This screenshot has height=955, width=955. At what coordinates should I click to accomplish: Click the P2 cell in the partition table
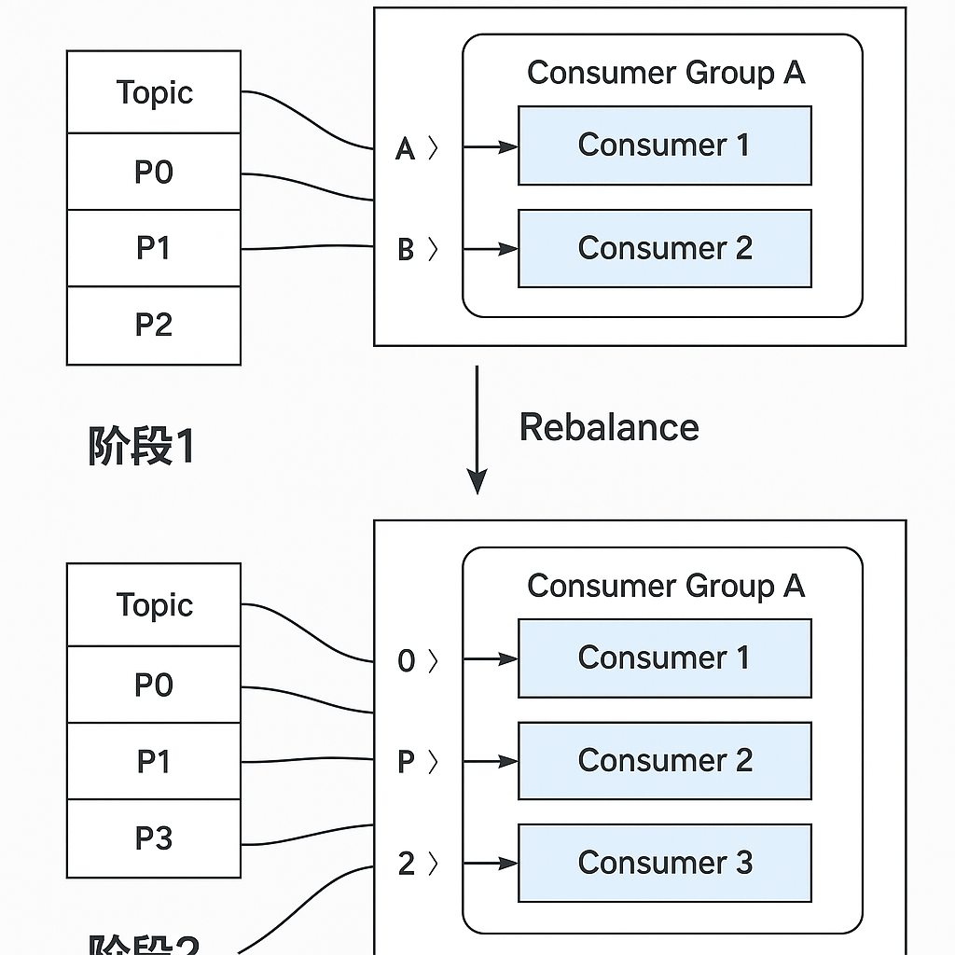point(154,325)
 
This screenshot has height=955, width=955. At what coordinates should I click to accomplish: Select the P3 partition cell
point(154,838)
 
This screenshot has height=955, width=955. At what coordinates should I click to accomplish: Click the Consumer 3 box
point(664,863)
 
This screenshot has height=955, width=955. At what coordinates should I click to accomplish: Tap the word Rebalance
point(609,427)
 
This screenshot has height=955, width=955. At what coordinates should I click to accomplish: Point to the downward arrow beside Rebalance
point(477,429)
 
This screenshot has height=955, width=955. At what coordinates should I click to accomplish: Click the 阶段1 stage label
point(141,447)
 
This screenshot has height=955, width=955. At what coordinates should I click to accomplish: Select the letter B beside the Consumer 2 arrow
point(406,250)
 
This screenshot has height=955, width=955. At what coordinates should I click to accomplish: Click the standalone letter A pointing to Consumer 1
point(405,148)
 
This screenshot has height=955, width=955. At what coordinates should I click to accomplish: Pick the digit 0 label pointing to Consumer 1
point(406,661)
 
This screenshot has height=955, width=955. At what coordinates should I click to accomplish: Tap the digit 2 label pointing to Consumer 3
point(406,865)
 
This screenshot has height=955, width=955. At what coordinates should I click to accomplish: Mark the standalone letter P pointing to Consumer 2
point(406,762)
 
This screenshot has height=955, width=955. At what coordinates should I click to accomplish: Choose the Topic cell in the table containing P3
point(154,605)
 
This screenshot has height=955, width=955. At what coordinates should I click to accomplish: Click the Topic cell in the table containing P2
point(154,92)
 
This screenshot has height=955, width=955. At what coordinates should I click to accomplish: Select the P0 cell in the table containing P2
point(154,173)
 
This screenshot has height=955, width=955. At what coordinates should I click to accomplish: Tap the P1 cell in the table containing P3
point(154,761)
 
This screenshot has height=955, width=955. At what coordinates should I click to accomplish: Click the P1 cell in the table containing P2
point(154,248)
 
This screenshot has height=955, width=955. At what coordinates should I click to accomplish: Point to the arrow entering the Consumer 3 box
point(491,865)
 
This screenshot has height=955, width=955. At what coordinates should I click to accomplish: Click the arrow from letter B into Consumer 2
point(491,249)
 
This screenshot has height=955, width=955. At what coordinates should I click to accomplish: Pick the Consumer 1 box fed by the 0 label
point(664,657)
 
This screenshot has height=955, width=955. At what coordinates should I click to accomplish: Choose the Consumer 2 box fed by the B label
point(664,248)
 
